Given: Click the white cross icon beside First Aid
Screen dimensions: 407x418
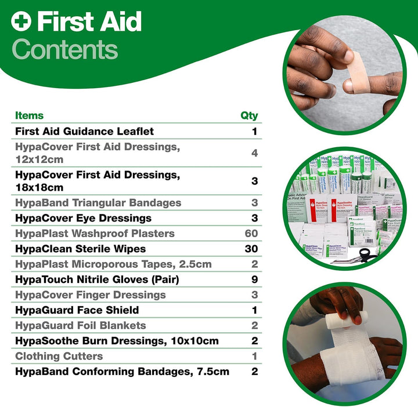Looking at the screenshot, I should coord(21,23).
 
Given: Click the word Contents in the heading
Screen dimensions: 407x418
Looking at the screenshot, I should coord(64,49).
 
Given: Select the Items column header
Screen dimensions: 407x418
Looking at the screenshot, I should coord(29,115).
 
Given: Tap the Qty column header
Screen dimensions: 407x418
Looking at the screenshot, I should coord(249,115).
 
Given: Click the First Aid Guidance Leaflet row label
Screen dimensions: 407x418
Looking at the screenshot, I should coord(84,132).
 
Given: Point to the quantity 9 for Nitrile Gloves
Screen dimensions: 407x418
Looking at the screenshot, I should coord(254,279).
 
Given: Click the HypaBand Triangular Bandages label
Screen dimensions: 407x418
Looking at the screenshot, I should coord(98,203).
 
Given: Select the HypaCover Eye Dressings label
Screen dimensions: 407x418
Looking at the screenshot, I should coord(83,218).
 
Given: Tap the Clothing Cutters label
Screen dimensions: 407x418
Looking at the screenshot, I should coord(59,356).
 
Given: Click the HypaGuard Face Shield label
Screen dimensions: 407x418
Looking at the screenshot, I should coord(77,310).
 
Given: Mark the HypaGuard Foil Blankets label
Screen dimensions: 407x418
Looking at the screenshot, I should coord(80,325).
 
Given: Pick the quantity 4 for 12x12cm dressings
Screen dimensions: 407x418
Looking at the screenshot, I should coord(254,153).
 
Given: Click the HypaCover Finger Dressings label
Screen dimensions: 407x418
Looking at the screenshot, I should coord(90,295).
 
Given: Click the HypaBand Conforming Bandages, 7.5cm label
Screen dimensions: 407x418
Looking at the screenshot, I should coord(122,371).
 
